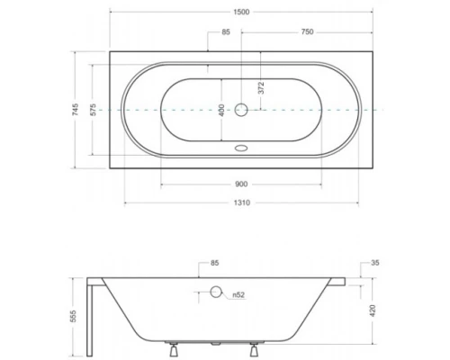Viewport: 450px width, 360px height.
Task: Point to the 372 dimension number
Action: pyautogui.click(x=261, y=88)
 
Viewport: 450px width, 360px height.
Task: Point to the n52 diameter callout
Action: pyautogui.click(x=238, y=293)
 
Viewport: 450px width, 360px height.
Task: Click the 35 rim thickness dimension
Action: pyautogui.click(x=374, y=264)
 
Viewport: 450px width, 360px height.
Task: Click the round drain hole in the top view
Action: pyautogui.click(x=240, y=110)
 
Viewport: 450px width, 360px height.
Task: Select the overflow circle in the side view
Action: pyautogui.click(x=215, y=292)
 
